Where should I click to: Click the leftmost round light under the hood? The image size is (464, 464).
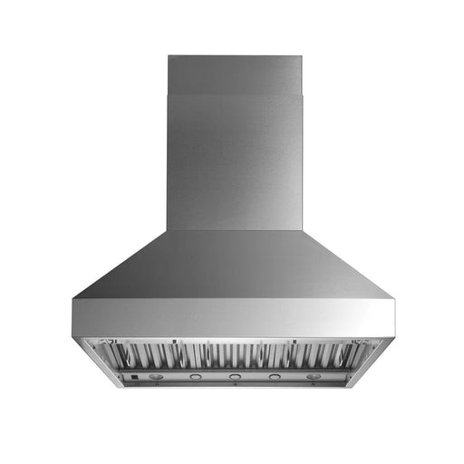point(154,375)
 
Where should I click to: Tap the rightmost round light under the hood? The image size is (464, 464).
point(314,375)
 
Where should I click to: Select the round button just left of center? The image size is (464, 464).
point(194,375)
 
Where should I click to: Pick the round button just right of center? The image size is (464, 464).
point(274,375)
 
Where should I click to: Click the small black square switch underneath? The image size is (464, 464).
point(132,375)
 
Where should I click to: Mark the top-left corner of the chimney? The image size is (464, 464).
point(169,55)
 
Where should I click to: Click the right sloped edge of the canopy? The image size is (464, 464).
point(349,263)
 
